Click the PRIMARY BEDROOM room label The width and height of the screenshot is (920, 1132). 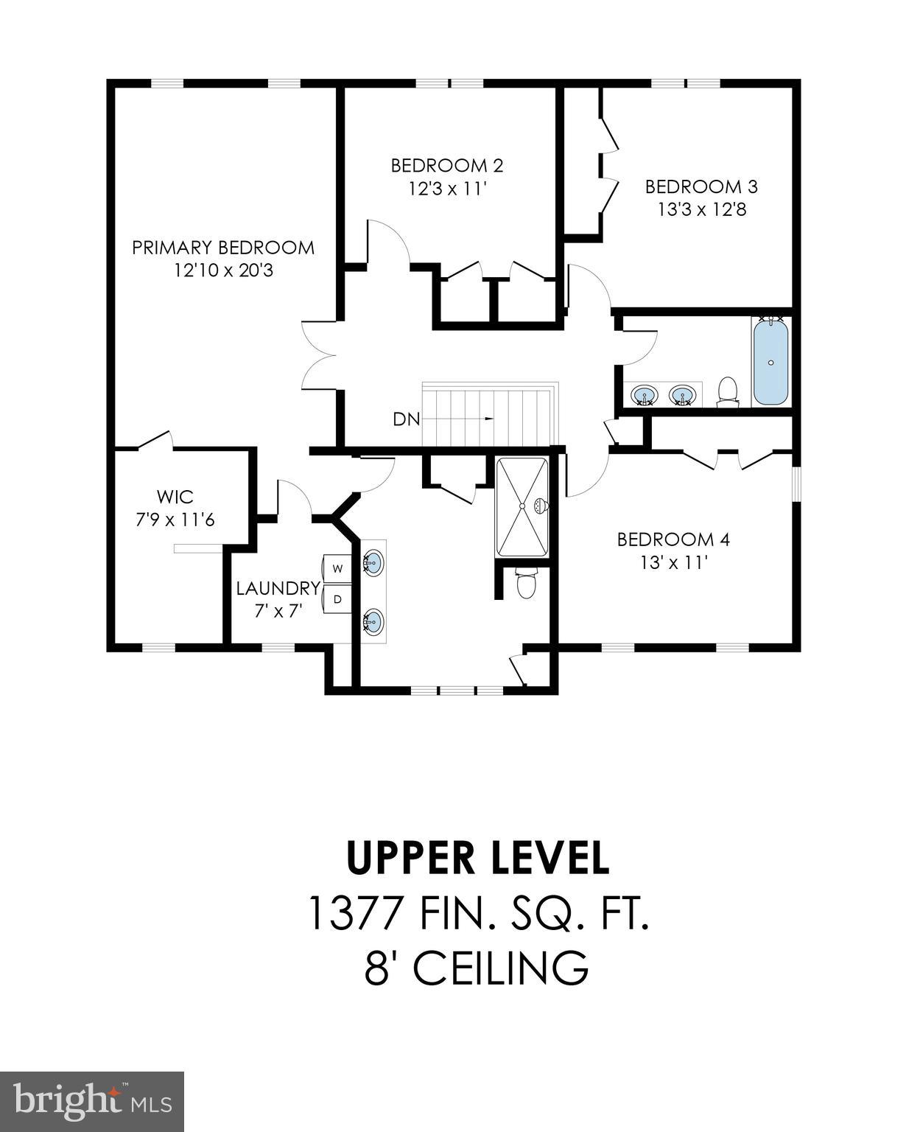click(223, 248)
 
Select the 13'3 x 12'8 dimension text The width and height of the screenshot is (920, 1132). click(702, 210)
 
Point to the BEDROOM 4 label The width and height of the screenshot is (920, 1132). click(673, 539)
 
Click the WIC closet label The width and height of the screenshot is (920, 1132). click(175, 496)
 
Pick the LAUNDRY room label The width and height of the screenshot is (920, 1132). click(278, 588)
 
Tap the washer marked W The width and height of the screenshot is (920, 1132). click(338, 568)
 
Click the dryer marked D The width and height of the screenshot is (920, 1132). click(338, 599)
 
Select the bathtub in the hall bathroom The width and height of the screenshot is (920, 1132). click(770, 361)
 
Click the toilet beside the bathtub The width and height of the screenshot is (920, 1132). click(728, 391)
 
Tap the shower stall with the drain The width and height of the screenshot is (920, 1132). click(522, 507)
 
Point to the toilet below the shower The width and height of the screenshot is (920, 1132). click(526, 584)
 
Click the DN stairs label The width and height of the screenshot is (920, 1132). click(406, 419)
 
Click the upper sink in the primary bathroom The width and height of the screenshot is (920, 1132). click(373, 564)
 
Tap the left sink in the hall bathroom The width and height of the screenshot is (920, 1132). click(646, 395)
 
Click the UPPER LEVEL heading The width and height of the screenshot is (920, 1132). click(477, 857)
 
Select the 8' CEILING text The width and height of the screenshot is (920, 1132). click(477, 968)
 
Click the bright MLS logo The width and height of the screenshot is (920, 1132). click(92, 1101)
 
